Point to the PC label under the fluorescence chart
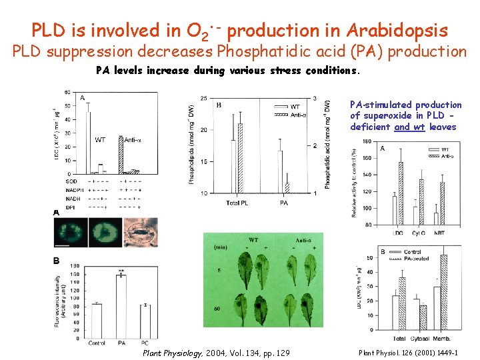pos(145,343)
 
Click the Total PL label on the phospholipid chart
pos(237,202)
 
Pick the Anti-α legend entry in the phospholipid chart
pos(299,115)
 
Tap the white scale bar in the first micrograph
pos(62,245)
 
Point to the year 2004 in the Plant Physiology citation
pos(217,353)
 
